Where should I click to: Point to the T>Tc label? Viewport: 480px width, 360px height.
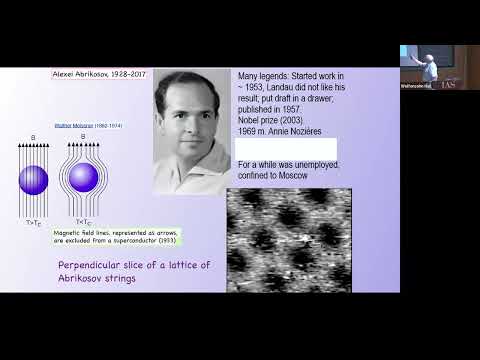(33, 211)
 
